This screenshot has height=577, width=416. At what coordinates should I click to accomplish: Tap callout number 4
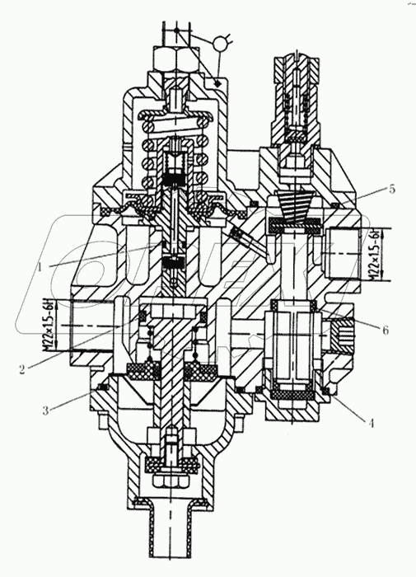(372, 424)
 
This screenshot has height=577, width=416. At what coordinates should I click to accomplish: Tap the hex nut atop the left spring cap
(169, 59)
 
